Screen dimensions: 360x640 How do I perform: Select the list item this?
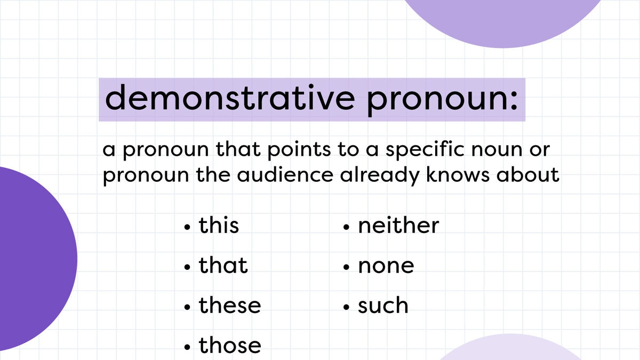tap(219, 225)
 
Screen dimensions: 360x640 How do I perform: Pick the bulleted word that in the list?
tap(223, 265)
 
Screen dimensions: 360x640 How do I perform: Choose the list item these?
tap(230, 306)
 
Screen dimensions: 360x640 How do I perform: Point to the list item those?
tap(230, 346)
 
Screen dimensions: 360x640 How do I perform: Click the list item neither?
tap(398, 225)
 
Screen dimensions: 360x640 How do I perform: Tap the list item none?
tap(386, 266)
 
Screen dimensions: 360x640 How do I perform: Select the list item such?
tap(383, 306)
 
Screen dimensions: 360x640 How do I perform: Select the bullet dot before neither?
tap(347, 228)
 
